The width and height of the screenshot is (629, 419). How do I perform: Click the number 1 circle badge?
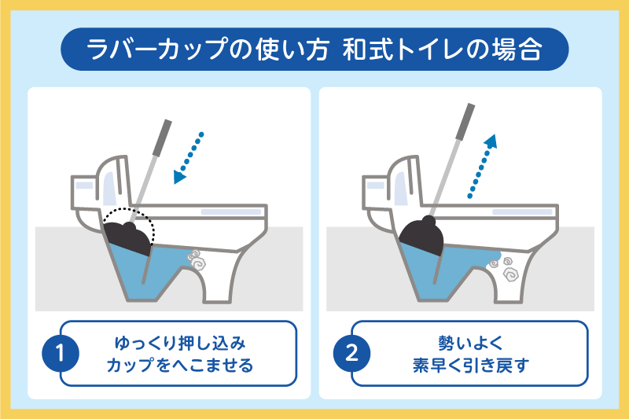point(61,353)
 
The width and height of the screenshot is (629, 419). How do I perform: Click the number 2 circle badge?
point(351,353)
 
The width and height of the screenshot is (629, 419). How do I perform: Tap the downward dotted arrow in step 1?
point(188,158)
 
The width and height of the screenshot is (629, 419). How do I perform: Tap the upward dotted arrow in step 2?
point(483,167)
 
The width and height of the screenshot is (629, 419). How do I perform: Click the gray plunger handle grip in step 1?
point(163,138)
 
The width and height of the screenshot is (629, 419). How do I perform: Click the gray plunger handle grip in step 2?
point(465,122)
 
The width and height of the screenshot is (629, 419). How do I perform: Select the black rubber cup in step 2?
point(421,236)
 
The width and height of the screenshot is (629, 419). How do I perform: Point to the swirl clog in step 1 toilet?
point(197,260)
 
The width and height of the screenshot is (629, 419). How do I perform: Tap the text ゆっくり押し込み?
point(180,344)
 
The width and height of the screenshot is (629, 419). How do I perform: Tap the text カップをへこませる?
point(180,365)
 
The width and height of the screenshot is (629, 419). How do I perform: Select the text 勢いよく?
point(470,344)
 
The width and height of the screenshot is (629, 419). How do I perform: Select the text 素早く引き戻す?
point(470,365)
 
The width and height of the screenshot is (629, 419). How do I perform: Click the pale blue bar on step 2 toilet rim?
point(522,211)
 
